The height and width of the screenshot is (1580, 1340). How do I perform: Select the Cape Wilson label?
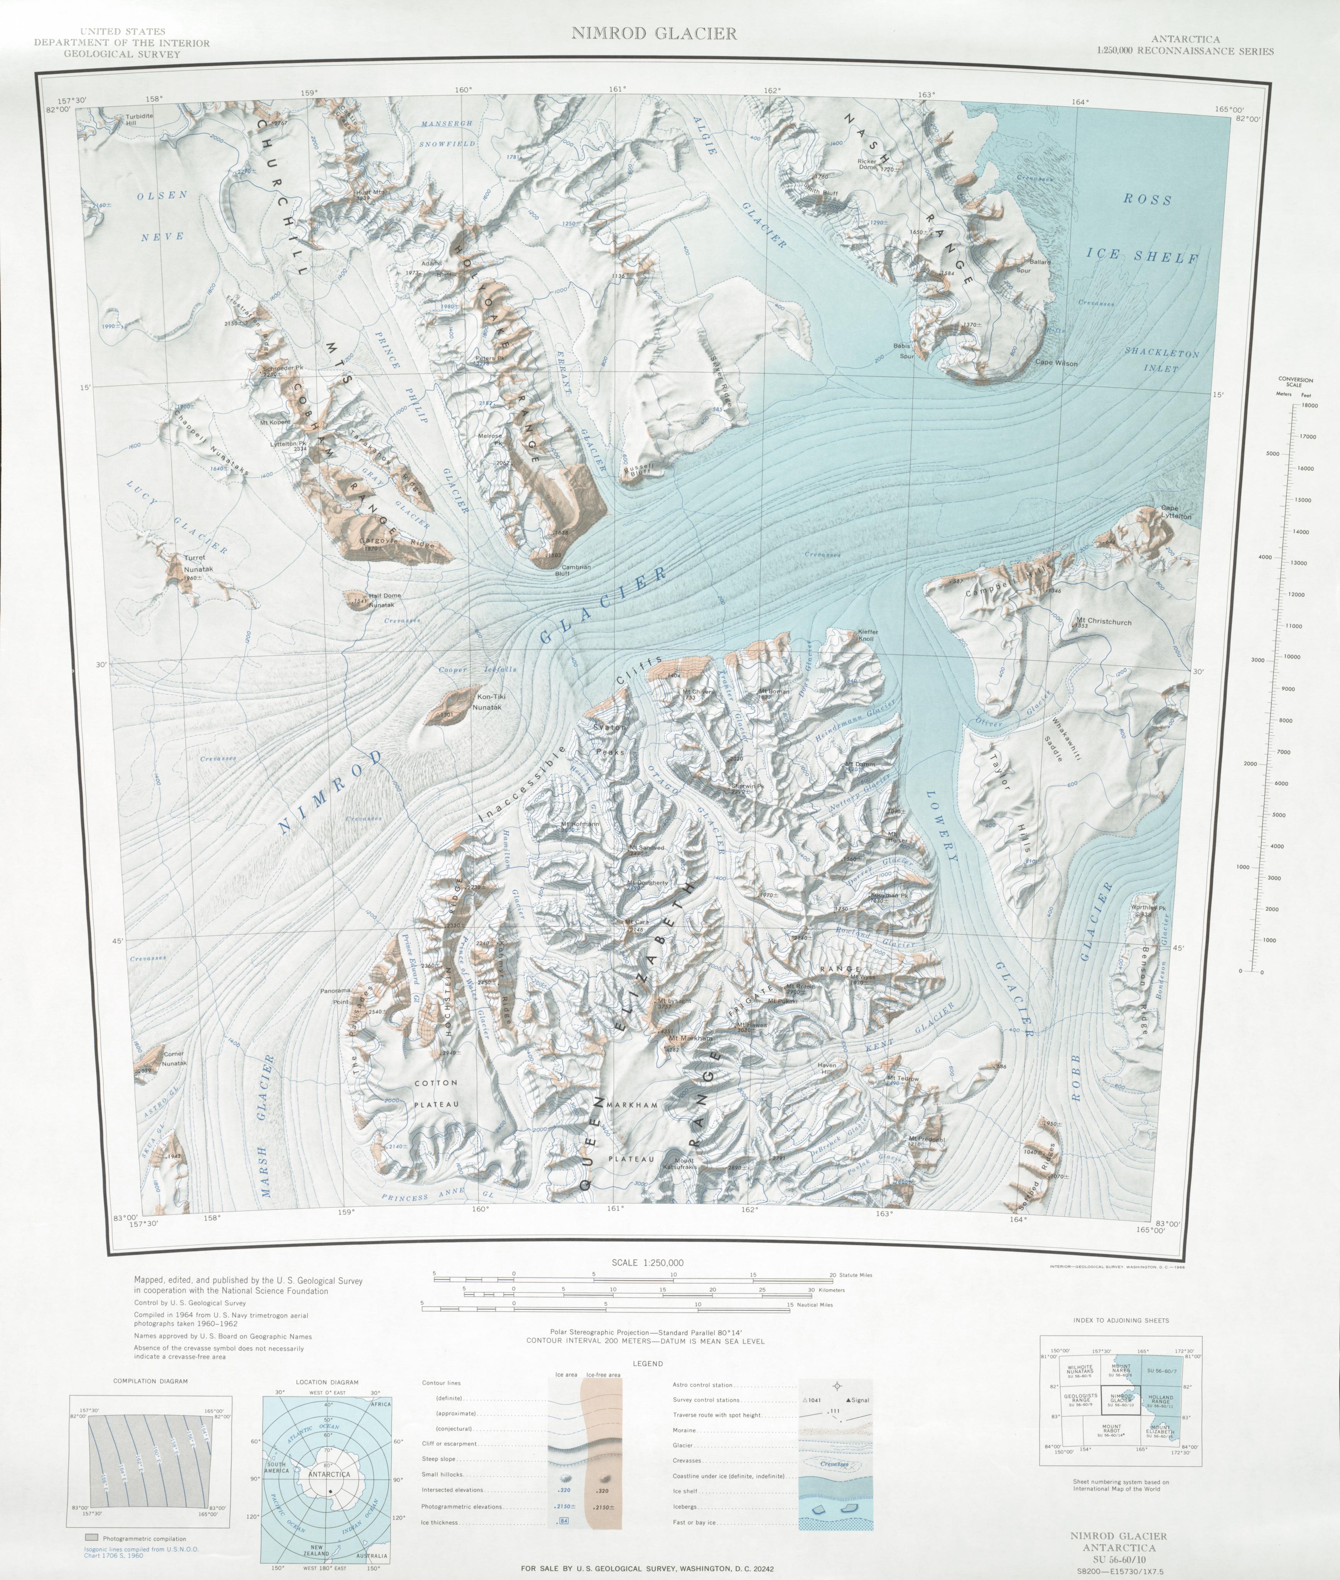click(1056, 363)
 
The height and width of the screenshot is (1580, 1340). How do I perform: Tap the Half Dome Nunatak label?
click(385, 601)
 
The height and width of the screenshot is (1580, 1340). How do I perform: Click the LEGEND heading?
click(647, 1364)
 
